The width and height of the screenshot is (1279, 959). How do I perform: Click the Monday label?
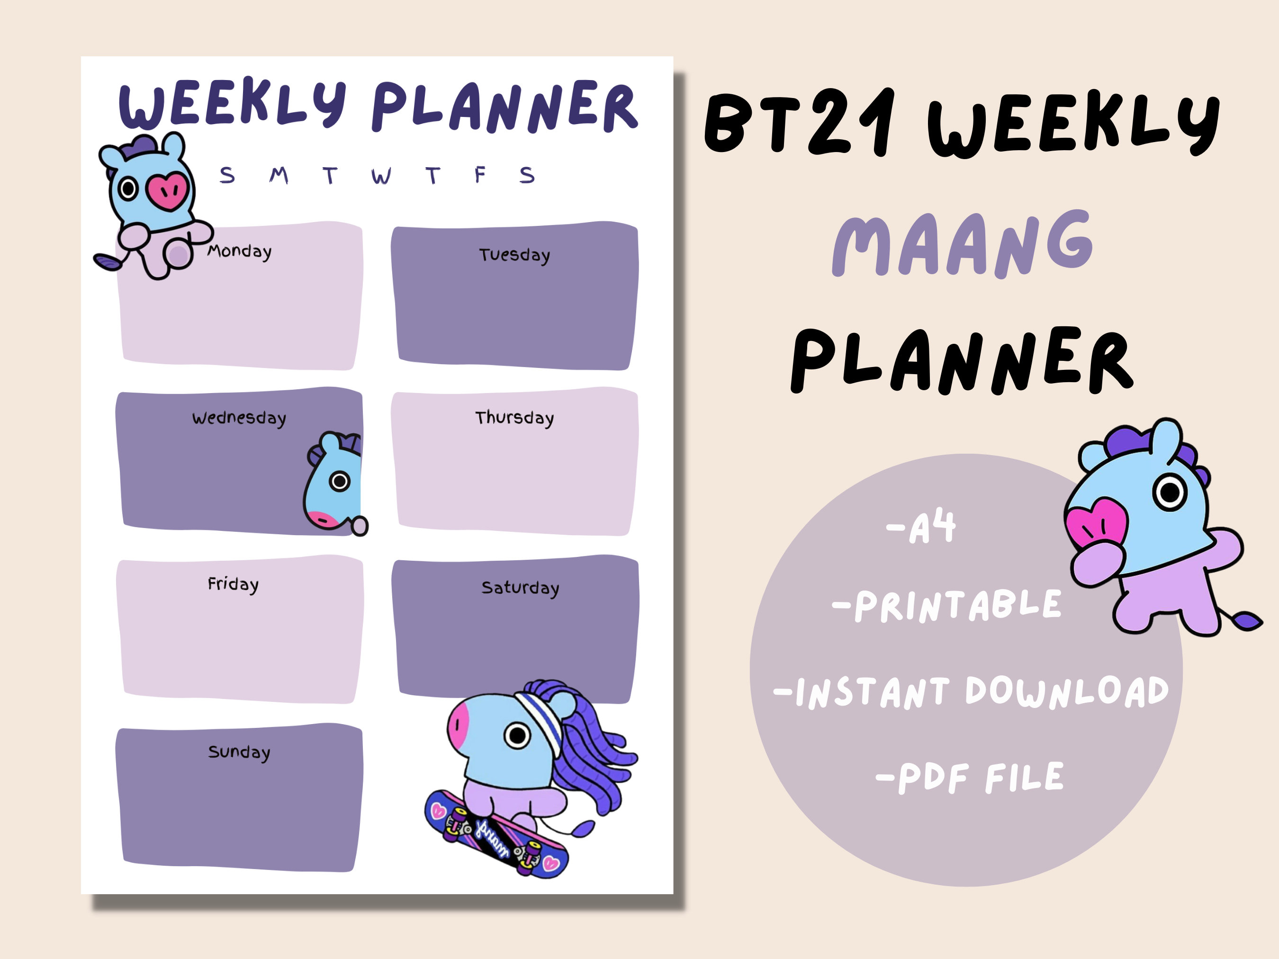(239, 251)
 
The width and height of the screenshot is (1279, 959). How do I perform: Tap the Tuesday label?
(514, 255)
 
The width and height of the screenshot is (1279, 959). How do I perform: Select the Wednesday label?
(239, 418)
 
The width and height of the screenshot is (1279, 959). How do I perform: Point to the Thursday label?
(514, 417)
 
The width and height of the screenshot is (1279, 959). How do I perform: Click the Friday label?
(233, 584)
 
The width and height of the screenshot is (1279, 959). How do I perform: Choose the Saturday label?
(520, 588)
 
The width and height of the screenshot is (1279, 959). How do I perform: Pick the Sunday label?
(239, 752)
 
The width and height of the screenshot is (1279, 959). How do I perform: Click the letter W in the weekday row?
(381, 176)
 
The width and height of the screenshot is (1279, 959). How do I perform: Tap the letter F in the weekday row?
(479, 175)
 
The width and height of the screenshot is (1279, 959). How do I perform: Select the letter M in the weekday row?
(279, 175)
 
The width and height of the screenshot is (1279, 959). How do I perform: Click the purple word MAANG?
(963, 244)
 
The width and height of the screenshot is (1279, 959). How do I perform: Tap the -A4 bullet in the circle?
(921, 527)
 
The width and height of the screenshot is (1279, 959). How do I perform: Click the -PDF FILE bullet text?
(970, 778)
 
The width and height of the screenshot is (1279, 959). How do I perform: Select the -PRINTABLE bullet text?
(946, 606)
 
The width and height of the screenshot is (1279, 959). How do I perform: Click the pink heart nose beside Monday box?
(167, 190)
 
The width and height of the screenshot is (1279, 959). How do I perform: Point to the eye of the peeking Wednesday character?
(340, 481)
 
